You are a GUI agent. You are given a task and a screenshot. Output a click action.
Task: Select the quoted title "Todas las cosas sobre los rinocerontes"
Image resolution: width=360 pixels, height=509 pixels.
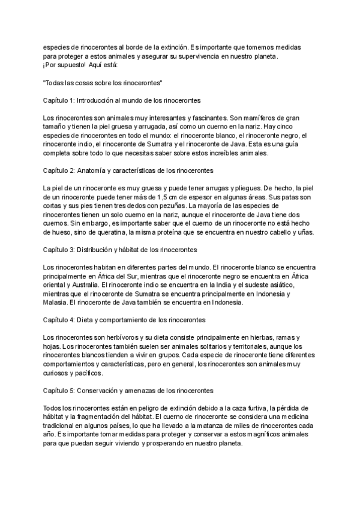(103, 82)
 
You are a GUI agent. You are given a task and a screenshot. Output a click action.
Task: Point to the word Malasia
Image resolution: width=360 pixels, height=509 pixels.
(56, 303)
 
